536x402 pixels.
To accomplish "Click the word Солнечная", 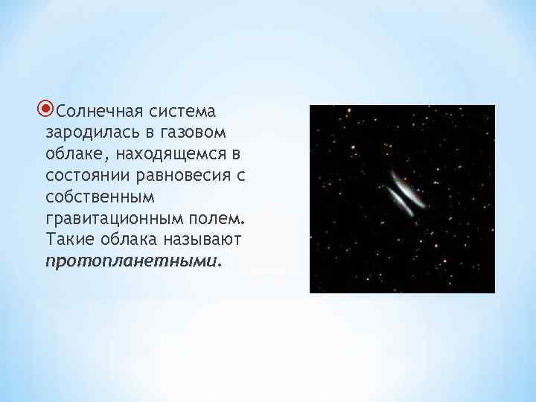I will (92, 112).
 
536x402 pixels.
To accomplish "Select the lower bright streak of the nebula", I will (398, 202).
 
